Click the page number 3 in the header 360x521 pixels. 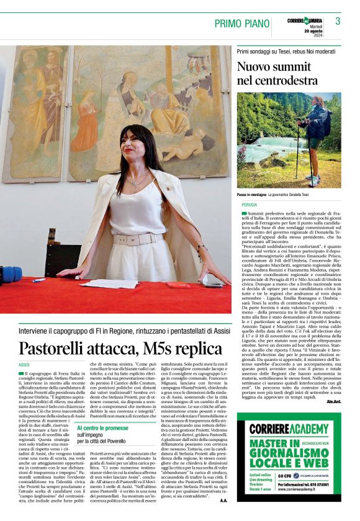338,21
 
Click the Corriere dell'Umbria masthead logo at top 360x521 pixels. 305,21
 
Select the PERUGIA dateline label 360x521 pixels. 250,204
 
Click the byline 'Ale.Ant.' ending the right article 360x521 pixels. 334,384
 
